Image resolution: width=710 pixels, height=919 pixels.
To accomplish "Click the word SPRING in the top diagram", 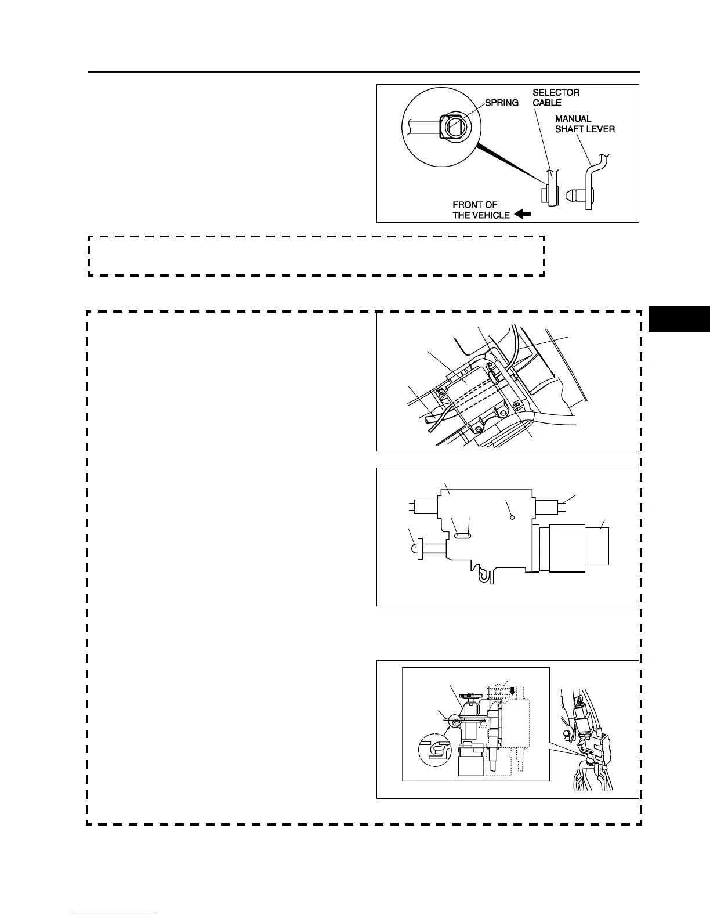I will (502, 103).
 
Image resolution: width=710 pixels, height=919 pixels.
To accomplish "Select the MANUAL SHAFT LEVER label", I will (585, 124).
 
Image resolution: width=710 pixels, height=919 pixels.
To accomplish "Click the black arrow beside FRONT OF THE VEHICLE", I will (523, 215).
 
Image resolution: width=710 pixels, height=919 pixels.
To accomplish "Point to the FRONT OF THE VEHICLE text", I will (481, 209).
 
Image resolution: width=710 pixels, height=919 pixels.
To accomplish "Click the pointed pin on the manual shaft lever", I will (574, 196).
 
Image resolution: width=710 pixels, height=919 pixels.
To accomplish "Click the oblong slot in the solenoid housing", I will (462, 536).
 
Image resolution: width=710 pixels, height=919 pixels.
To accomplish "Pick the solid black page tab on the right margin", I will (679, 319).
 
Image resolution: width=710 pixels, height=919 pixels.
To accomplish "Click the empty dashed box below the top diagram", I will (316, 255).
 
